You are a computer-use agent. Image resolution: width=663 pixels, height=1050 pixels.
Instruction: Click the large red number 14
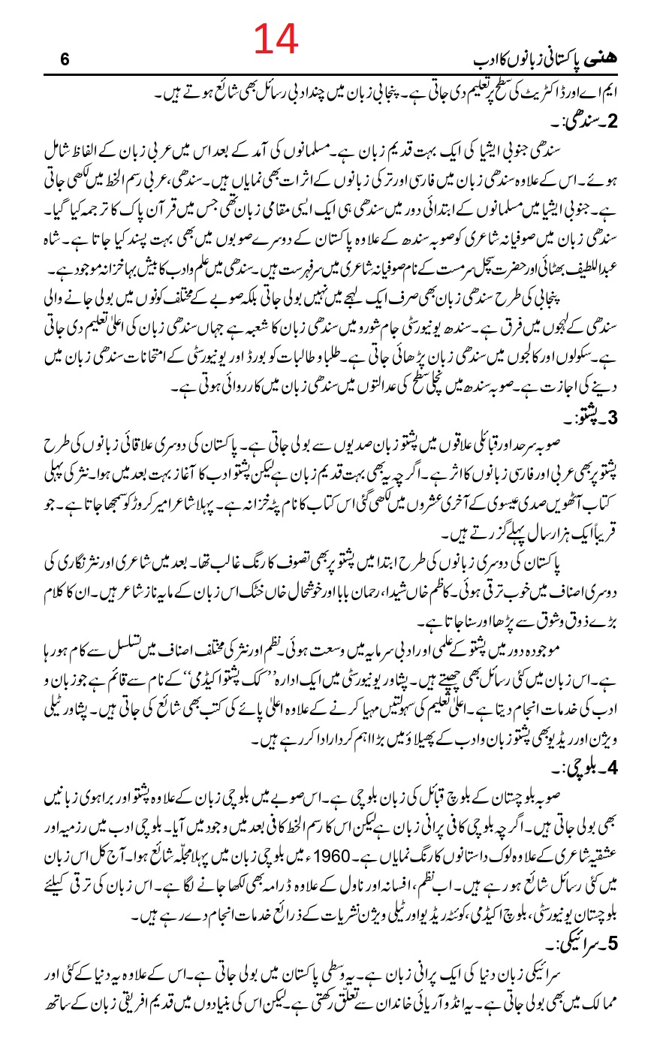[x=276, y=39]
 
